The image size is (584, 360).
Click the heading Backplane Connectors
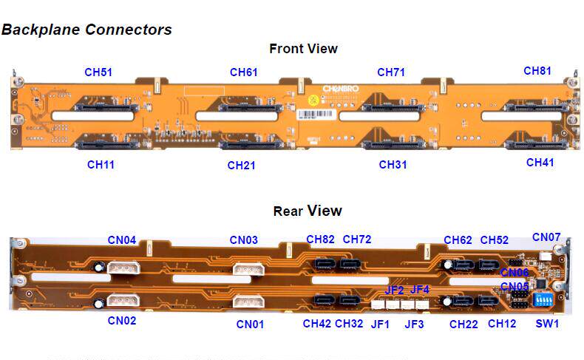click(x=86, y=30)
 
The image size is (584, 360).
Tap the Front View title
click(x=303, y=49)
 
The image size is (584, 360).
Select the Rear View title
click(x=308, y=211)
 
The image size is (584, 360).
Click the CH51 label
click(x=98, y=72)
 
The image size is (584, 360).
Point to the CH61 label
click(x=243, y=72)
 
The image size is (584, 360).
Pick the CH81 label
click(x=537, y=71)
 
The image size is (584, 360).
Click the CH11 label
click(x=101, y=164)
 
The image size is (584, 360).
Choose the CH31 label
click(x=393, y=164)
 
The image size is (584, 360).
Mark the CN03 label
click(x=243, y=240)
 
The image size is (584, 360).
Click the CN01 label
click(x=251, y=324)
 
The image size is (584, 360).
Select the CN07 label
click(x=546, y=237)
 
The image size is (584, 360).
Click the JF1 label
click(x=380, y=323)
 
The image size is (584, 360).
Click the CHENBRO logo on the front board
click(x=342, y=88)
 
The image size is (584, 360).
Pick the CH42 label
click(x=317, y=323)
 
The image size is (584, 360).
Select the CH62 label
click(x=458, y=240)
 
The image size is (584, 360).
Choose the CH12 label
click(x=502, y=323)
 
